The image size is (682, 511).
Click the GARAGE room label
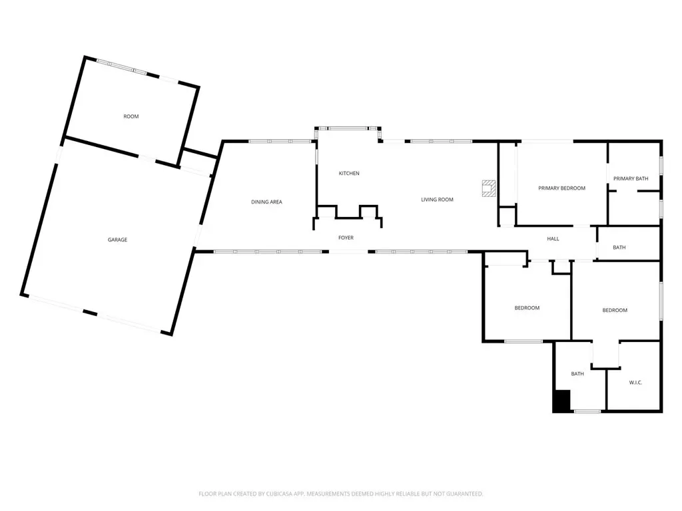pyautogui.click(x=117, y=240)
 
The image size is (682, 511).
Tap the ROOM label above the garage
pyautogui.click(x=131, y=116)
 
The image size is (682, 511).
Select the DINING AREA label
pyautogui.click(x=266, y=202)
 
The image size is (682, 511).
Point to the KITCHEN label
pyautogui.click(x=349, y=174)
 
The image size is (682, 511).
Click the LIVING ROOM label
pyautogui.click(x=437, y=200)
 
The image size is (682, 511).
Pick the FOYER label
pyautogui.click(x=346, y=238)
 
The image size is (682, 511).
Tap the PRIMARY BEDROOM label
pyautogui.click(x=561, y=188)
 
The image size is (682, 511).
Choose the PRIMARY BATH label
pyautogui.click(x=631, y=178)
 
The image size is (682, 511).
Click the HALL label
pyautogui.click(x=553, y=239)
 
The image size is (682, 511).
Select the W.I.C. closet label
pyautogui.click(x=635, y=383)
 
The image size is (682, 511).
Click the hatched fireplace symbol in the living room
pyautogui.click(x=489, y=188)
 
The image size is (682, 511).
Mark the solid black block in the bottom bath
pyautogui.click(x=561, y=401)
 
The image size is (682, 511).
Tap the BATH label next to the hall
pyautogui.click(x=619, y=248)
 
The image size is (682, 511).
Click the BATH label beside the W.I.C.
pyautogui.click(x=577, y=374)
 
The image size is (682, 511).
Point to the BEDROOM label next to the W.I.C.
pyautogui.click(x=615, y=310)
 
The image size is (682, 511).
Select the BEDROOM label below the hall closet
pyautogui.click(x=527, y=308)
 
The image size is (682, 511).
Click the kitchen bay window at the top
pyautogui.click(x=348, y=128)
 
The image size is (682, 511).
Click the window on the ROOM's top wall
pyautogui.click(x=122, y=67)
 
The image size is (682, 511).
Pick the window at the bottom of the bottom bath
pyautogui.click(x=587, y=411)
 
